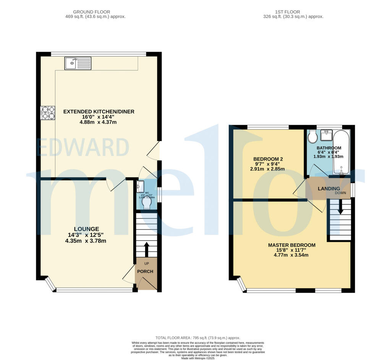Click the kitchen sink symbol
(x=78, y=63)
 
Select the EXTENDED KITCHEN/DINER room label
(x=99, y=112)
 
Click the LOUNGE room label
(x=87, y=229)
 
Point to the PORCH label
(x=145, y=272)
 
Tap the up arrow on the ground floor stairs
(x=146, y=249)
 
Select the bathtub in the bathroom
(x=341, y=152)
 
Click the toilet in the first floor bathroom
(x=313, y=136)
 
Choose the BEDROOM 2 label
(x=268, y=159)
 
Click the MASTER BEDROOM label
(x=291, y=245)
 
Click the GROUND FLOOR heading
(x=96, y=12)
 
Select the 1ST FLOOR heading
(x=293, y=12)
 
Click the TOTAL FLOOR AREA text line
(x=198, y=338)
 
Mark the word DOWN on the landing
(x=341, y=193)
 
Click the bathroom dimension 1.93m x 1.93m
(x=329, y=156)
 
